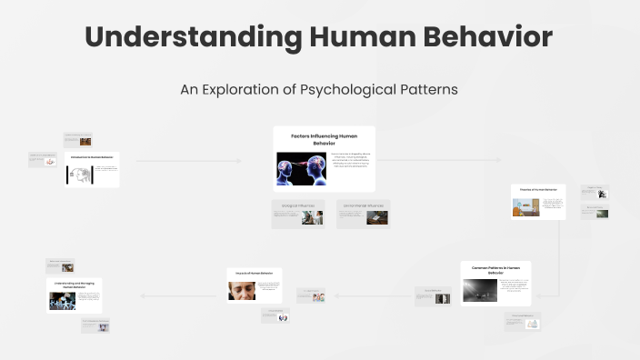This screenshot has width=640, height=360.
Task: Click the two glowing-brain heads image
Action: (x=301, y=168)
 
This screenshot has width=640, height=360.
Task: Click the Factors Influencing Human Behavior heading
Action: (x=325, y=139)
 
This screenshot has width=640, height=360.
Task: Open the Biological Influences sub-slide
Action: (x=297, y=214)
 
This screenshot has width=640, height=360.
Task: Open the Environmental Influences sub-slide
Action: (x=363, y=214)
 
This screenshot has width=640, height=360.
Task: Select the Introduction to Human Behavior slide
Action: (x=92, y=169)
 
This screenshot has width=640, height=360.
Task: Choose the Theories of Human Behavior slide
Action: (x=538, y=202)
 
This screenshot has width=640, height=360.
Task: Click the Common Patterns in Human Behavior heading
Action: (x=495, y=270)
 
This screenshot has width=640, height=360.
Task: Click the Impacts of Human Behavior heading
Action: (x=254, y=272)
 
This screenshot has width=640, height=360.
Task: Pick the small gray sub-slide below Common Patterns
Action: (x=523, y=321)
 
